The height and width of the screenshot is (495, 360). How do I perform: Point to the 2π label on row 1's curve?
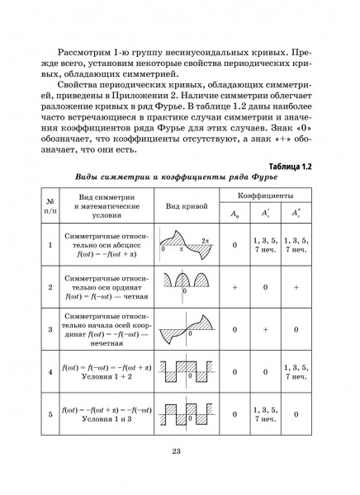205,238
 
